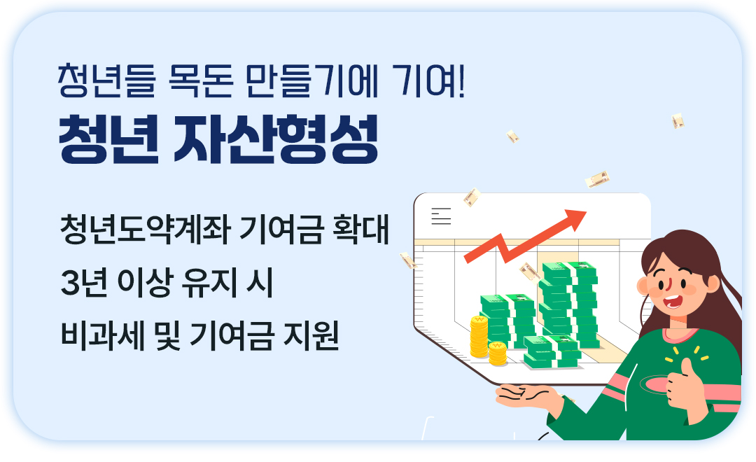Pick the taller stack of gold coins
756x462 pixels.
(479, 337)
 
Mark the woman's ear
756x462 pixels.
(644, 283)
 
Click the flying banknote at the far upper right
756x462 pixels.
(678, 121)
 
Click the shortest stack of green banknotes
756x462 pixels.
(550, 351)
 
